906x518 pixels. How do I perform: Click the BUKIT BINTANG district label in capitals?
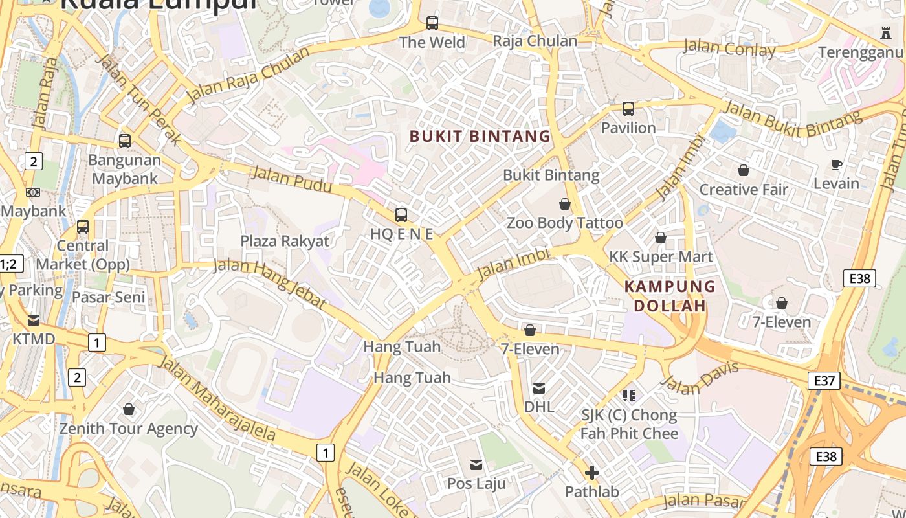(x=480, y=136)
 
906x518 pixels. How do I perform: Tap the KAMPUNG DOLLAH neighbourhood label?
(x=670, y=296)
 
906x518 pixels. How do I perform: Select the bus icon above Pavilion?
(x=628, y=109)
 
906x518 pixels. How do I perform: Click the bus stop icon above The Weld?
(x=432, y=24)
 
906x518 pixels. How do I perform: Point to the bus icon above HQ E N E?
(x=401, y=215)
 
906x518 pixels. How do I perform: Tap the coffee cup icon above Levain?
(x=837, y=165)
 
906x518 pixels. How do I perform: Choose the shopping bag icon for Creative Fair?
(x=744, y=170)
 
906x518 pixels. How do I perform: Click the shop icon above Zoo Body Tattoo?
(x=565, y=205)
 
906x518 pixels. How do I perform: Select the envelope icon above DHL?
(x=539, y=388)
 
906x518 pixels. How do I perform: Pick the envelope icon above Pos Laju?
(x=477, y=464)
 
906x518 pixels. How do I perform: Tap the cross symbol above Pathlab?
(x=591, y=473)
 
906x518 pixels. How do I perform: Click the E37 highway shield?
(x=824, y=381)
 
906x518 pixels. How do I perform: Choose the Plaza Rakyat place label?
(x=285, y=242)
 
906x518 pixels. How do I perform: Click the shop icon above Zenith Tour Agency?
(x=129, y=409)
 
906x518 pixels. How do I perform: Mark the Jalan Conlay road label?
(x=729, y=48)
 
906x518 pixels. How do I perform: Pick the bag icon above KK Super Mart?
(x=661, y=238)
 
